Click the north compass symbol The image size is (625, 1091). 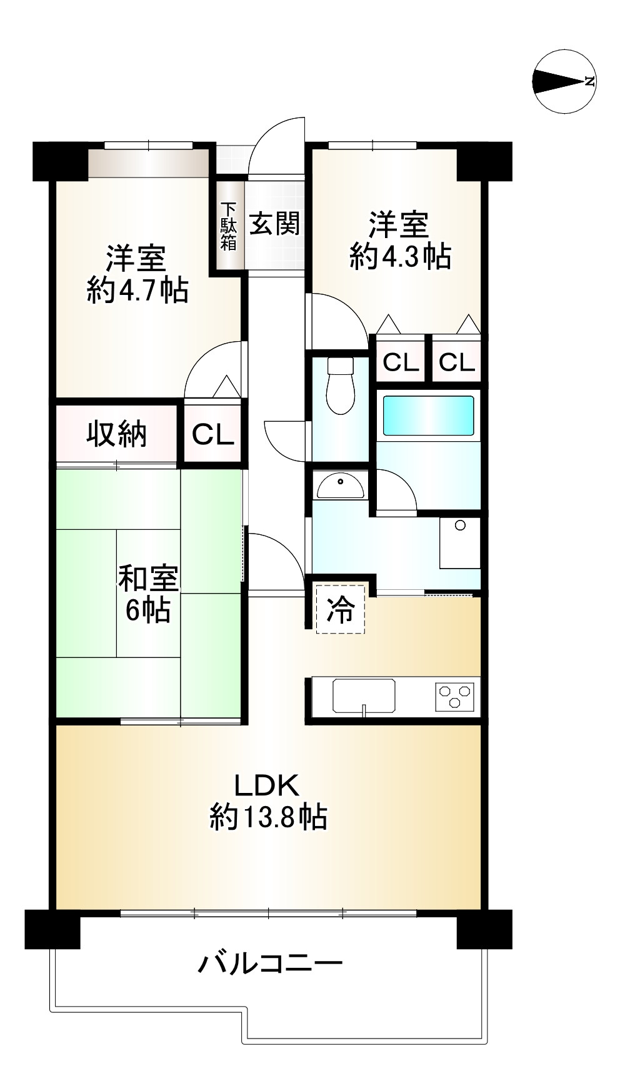coord(564,81)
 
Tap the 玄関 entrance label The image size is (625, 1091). coord(274,223)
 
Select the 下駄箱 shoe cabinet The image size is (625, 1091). coord(229,226)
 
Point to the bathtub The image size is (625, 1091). coord(428,416)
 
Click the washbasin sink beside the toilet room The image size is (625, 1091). coord(340,486)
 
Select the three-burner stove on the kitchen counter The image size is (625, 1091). coord(455,696)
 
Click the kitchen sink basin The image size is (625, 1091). coord(364,696)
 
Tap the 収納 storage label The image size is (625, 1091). coord(116,434)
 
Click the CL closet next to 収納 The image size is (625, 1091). coord(212,435)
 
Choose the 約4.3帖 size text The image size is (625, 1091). coord(400,256)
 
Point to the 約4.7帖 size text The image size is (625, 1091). coord(137,290)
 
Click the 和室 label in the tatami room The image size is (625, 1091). coord(148,579)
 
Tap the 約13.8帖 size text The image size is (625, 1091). coord(268,816)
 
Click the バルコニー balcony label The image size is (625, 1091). coord(270,964)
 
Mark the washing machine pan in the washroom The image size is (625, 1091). coord(459,542)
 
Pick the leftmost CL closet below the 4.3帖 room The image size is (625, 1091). coord(399,362)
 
